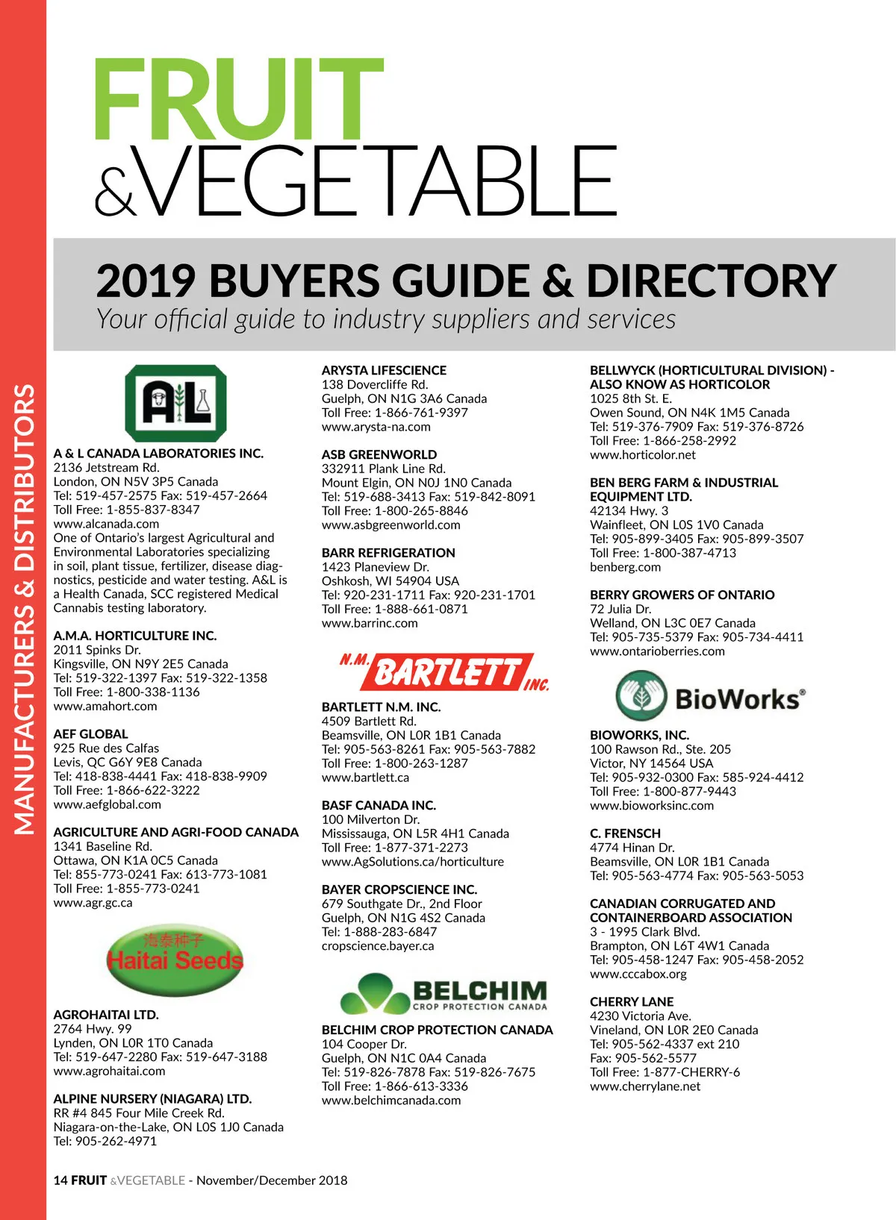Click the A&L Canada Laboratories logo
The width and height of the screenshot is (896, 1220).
tap(175, 403)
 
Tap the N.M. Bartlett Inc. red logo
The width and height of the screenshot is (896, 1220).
tap(445, 672)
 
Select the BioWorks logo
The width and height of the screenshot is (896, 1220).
tap(710, 696)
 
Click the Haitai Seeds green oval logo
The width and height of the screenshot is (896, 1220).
tap(175, 958)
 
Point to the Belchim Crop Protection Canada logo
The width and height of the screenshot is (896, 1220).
tap(444, 993)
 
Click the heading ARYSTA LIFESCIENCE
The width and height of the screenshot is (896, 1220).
tap(384, 370)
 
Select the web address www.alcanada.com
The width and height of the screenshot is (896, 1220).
tap(106, 524)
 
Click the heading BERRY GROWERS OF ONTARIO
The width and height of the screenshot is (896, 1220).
tap(682, 595)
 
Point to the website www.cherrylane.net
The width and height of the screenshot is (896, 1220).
tap(645, 1086)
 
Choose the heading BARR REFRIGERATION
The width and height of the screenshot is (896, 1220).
tap(388, 553)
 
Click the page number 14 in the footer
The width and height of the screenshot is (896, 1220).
tap(60, 1180)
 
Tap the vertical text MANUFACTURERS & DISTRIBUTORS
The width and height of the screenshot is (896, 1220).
tap(24, 608)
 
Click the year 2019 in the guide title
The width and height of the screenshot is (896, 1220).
tap(146, 281)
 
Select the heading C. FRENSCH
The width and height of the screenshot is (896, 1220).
tap(625, 833)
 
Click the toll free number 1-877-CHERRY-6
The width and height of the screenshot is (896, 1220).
tap(691, 1072)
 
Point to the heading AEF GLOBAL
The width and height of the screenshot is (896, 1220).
tap(90, 734)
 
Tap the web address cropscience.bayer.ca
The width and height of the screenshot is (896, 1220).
tap(378, 945)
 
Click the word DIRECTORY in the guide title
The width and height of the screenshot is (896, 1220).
tap(710, 281)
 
